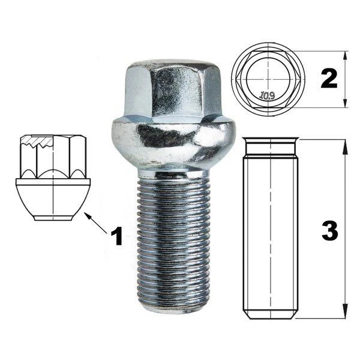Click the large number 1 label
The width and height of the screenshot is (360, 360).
click(117, 236)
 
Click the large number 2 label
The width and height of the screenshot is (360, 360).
click(329, 79)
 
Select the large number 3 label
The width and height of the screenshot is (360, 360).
click(330, 231)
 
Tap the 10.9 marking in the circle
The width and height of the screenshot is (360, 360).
click(268, 95)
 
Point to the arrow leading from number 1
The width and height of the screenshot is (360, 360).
click(96, 223)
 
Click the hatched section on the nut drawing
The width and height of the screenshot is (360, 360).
click(37, 142)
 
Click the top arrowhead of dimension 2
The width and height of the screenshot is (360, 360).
click(345, 56)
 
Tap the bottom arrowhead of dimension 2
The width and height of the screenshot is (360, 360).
click(345, 103)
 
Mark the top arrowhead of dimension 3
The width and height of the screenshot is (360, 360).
click(345, 146)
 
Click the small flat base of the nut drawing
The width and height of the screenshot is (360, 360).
click(53, 218)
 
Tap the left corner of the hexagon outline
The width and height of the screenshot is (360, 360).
click(237, 79)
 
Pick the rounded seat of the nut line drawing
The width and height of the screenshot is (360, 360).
click(53, 200)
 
